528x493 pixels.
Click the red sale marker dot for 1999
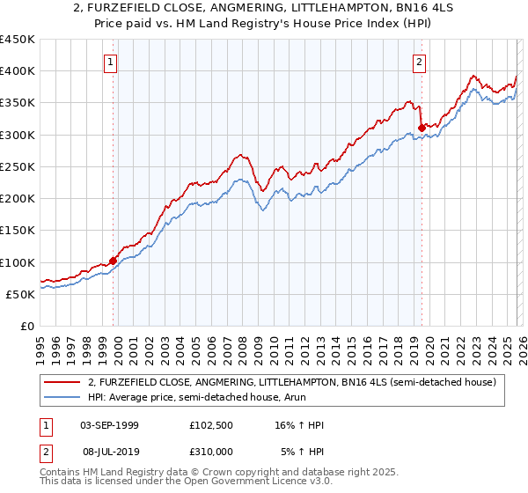click(113, 261)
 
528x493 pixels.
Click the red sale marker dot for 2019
click(422, 128)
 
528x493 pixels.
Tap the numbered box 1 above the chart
click(110, 62)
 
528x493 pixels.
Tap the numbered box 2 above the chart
click(419, 62)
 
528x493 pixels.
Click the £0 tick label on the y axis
click(26, 327)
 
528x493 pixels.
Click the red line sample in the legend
click(63, 382)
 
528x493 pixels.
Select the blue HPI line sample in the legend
click(63, 397)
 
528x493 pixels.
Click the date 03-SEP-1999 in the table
click(109, 425)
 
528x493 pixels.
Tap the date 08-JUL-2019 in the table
click(109, 451)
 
